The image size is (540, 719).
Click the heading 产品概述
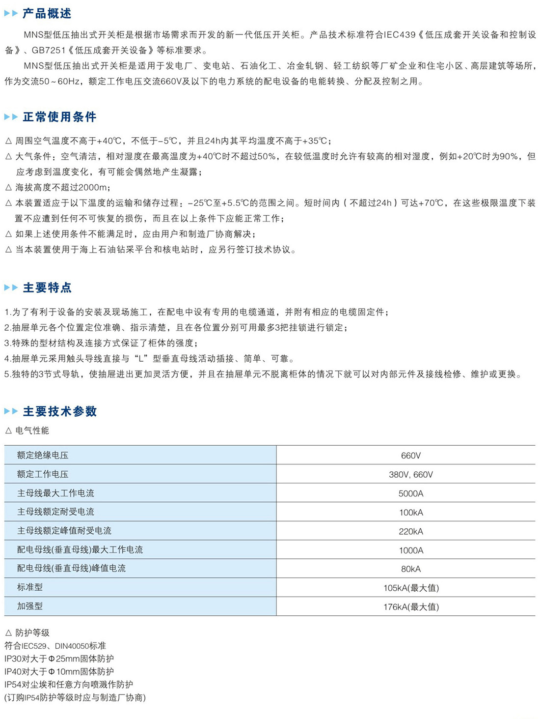[x=47, y=14]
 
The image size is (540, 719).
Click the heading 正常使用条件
[x=59, y=117]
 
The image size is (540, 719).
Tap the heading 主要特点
[x=47, y=288]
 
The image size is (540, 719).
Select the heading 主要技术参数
[x=60, y=411]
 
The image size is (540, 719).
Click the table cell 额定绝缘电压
[x=43, y=455]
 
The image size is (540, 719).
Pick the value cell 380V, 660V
[x=411, y=474]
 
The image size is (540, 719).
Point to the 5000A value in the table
[x=411, y=493]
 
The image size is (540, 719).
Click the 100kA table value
[x=411, y=512]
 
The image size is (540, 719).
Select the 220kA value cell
[x=411, y=531]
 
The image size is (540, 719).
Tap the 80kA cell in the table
[x=411, y=569]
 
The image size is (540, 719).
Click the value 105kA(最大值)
[x=411, y=588]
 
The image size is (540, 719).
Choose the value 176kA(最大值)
[x=411, y=606]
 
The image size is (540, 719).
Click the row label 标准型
[x=30, y=587]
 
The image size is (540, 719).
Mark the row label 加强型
[x=30, y=606]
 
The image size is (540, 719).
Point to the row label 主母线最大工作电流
[x=55, y=493]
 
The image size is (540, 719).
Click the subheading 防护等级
[x=32, y=633]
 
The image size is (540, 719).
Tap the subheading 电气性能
[x=32, y=431]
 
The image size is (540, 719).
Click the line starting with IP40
[x=59, y=671]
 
